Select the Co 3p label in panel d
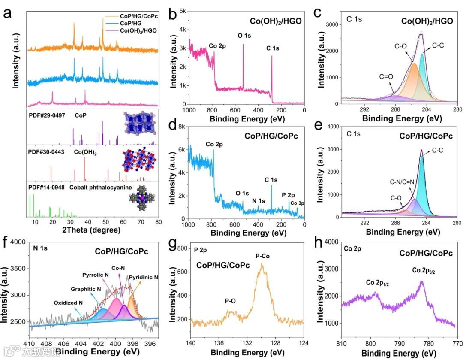pyautogui.click(x=297, y=203)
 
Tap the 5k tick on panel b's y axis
pyautogui.click(x=182, y=11)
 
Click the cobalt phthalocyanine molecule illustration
pyautogui.click(x=141, y=200)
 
